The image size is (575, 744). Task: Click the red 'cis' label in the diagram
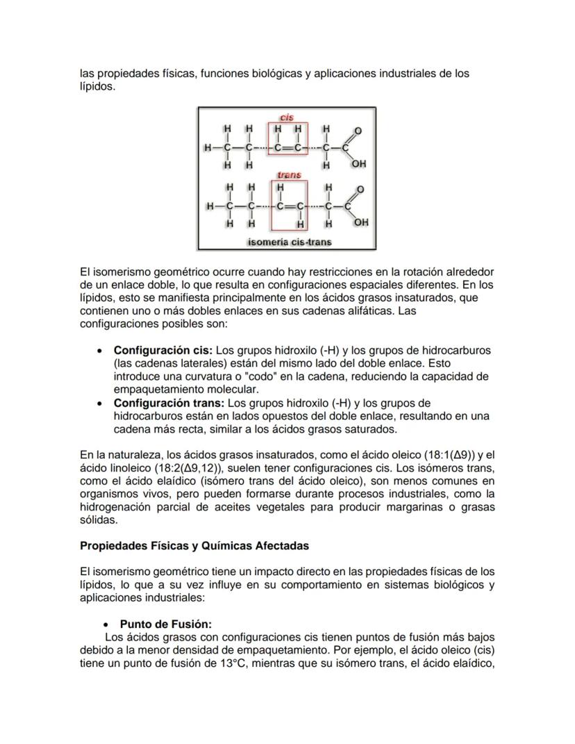[286, 118]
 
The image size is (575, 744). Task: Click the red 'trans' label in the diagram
[288, 175]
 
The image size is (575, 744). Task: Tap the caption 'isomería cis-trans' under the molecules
[289, 242]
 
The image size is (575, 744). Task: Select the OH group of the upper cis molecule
[358, 165]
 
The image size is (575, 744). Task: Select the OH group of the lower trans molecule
[360, 223]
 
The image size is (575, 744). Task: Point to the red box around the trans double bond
[289, 206]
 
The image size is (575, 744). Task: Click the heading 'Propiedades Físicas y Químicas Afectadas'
[194, 546]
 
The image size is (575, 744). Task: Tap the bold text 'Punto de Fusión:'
[165, 624]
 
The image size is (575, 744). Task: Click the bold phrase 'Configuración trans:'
[169, 403]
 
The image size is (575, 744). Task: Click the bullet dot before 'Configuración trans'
[101, 404]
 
